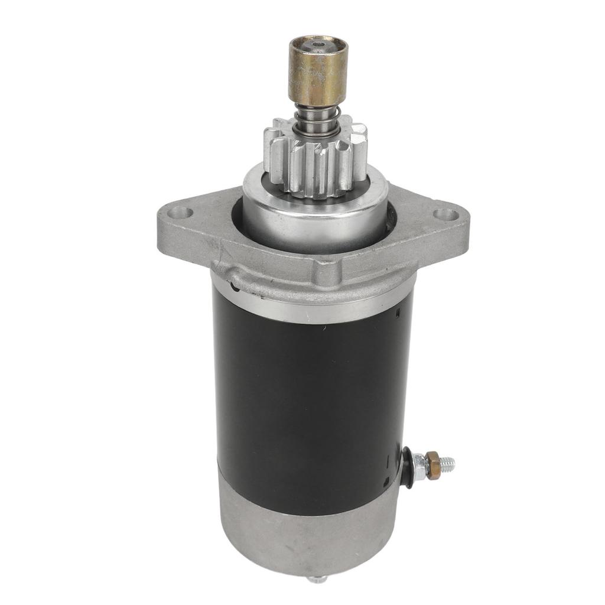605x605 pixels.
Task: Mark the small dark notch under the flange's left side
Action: (235, 287)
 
